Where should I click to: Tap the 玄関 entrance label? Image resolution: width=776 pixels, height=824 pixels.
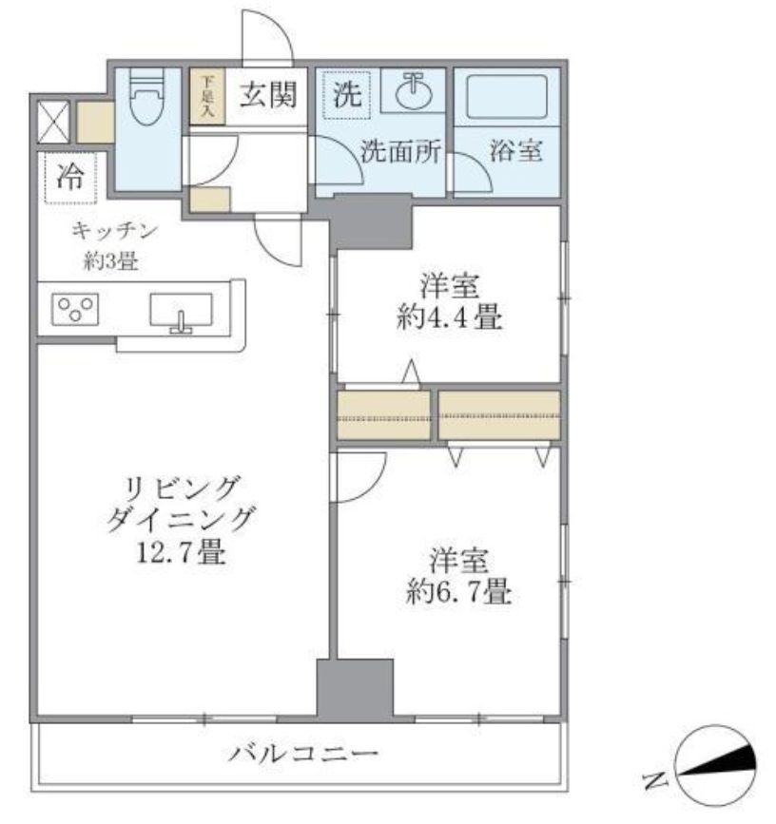coord(266,95)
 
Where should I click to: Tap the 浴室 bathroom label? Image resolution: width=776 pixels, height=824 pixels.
coord(516,151)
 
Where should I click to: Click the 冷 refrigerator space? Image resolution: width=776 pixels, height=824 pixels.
coord(69,178)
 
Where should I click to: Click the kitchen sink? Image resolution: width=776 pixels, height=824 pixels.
coord(181,310)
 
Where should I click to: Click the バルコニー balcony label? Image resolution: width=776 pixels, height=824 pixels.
coord(303,756)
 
